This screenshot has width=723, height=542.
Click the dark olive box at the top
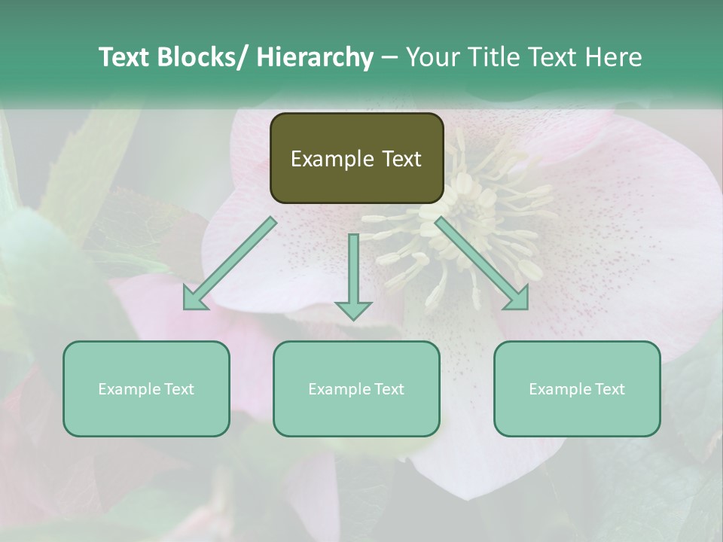[356, 158]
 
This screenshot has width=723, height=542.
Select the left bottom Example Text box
[146, 388]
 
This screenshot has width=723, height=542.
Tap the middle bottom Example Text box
[356, 388]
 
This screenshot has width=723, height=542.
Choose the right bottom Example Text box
[577, 388]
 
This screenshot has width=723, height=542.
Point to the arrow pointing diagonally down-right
[479, 260]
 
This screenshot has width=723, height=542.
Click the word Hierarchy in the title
[315, 57]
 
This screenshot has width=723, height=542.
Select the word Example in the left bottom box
[129, 388]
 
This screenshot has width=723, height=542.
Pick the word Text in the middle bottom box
[388, 388]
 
